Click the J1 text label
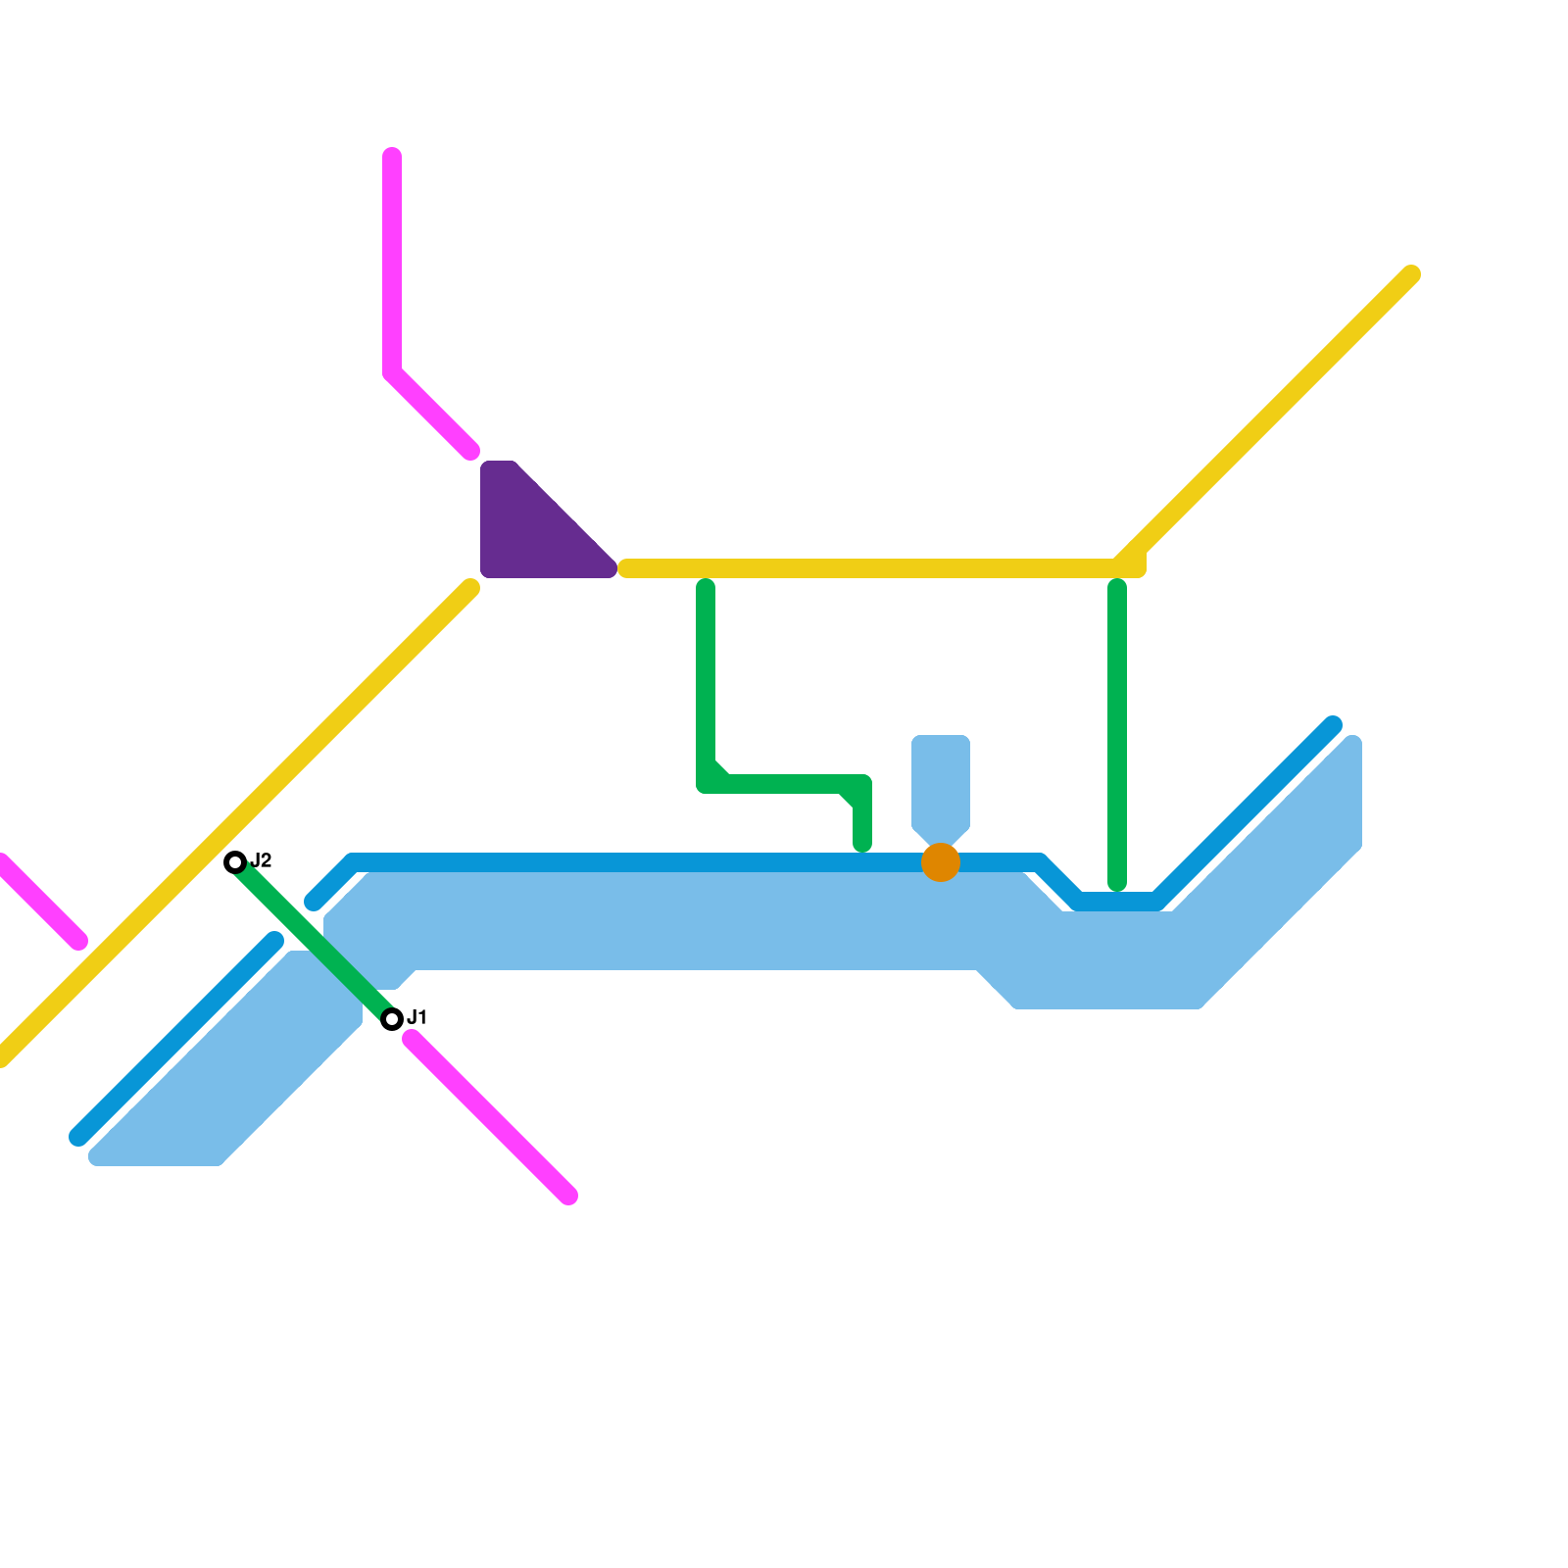pyautogui.click(x=416, y=1017)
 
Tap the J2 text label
pyautogui.click(x=261, y=860)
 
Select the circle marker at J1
pyautogui.click(x=392, y=1019)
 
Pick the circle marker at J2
pyautogui.click(x=235, y=862)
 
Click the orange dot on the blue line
pyautogui.click(x=941, y=862)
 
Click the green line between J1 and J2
pyautogui.click(x=314, y=941)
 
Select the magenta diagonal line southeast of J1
pyautogui.click(x=490, y=1117)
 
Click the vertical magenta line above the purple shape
pyautogui.click(x=392, y=265)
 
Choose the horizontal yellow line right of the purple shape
pyautogui.click(x=862, y=568)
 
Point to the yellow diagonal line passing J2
pyautogui.click(x=294, y=764)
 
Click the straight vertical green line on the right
pyautogui.click(x=1117, y=735)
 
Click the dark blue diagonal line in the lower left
pyautogui.click(x=176, y=1039)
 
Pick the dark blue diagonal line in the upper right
pyautogui.click(x=1245, y=813)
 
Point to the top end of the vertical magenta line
pyautogui.click(x=392, y=157)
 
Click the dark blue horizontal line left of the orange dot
pyautogui.click(x=637, y=862)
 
